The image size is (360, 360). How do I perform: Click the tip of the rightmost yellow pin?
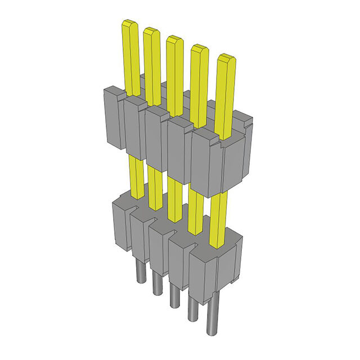[226, 57]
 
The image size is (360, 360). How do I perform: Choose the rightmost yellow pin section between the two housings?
[218, 219]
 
